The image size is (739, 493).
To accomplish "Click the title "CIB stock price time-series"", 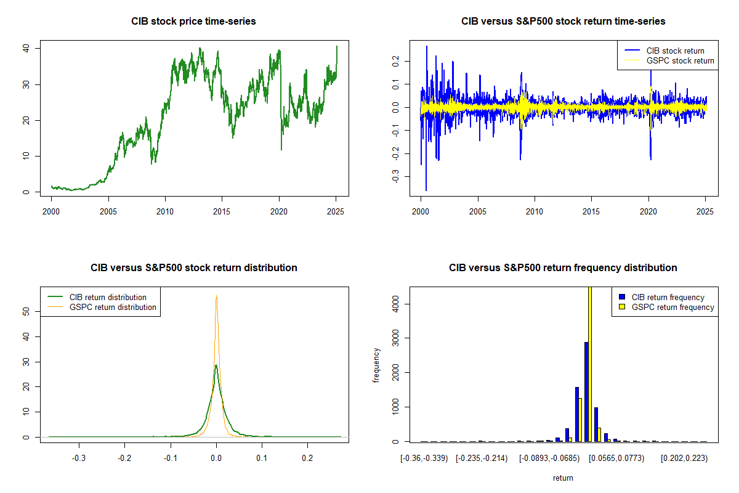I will (x=193, y=22).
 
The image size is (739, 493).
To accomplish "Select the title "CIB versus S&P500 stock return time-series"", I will (x=563, y=22).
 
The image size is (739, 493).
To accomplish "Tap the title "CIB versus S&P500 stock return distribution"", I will (x=193, y=268).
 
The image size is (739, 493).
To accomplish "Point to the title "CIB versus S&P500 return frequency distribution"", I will (x=563, y=268).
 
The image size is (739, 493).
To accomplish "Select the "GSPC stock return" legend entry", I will (x=680, y=60).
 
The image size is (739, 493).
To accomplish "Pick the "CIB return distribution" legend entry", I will (x=108, y=297).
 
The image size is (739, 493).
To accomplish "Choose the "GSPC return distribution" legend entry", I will (x=113, y=307).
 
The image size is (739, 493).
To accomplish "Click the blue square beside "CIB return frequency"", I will (x=621, y=297).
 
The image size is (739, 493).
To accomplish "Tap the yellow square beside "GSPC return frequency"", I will (x=621, y=307).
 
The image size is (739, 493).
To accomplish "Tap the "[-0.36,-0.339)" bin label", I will (x=422, y=459).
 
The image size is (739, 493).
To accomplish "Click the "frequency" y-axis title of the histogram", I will (x=376, y=365).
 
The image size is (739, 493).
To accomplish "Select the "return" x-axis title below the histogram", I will (x=563, y=478).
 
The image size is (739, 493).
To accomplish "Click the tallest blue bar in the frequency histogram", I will (x=586, y=392).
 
